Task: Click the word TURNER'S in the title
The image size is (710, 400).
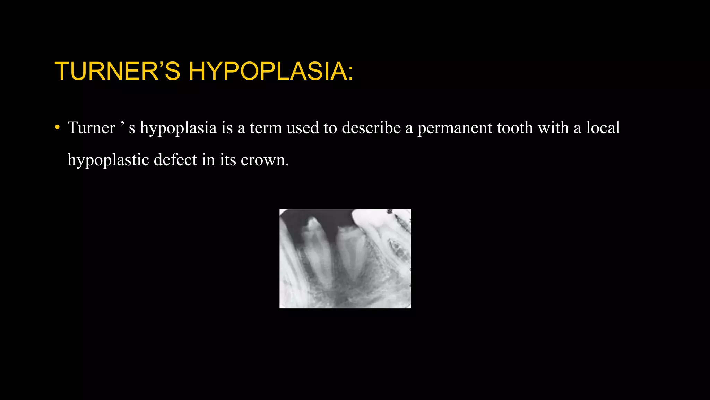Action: [x=117, y=71]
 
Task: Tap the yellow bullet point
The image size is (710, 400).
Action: [x=57, y=127]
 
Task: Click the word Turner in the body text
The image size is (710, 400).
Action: [x=92, y=127]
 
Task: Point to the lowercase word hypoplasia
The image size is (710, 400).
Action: [x=178, y=128]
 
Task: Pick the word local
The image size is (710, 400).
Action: [x=603, y=127]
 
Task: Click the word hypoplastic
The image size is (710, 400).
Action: [x=108, y=160]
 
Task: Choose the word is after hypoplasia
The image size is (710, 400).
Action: [x=227, y=127]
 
